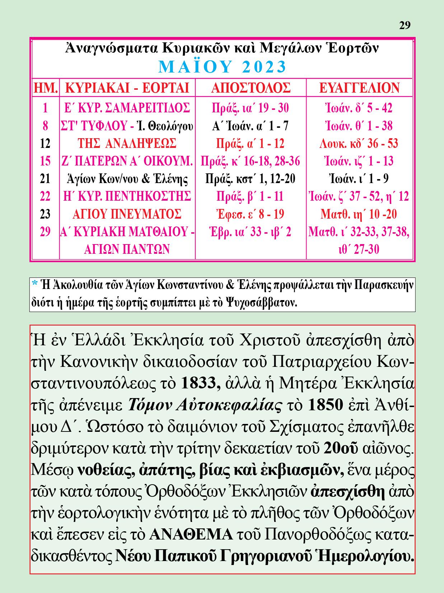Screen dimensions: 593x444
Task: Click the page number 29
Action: [405, 25]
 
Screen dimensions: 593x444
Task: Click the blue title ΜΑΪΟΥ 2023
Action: [223, 66]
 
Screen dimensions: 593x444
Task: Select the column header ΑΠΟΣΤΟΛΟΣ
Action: [251, 88]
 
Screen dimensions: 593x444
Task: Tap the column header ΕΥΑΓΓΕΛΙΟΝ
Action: [359, 88]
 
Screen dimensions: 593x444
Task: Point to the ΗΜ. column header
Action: [46, 88]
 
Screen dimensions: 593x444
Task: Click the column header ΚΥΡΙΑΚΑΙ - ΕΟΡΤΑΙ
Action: [127, 88]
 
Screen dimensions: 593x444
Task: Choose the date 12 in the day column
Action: [45, 144]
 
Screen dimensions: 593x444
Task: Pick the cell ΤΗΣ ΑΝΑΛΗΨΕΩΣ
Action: [127, 144]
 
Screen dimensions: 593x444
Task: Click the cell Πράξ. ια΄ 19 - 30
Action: [250, 108]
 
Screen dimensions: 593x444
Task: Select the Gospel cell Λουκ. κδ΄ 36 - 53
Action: [359, 144]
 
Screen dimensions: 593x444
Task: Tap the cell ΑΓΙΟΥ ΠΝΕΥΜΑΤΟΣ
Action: [127, 214]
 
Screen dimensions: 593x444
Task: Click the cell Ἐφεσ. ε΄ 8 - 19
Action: [250, 214]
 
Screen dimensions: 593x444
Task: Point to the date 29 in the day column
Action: [45, 232]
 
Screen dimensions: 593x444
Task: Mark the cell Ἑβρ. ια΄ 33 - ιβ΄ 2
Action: [250, 232]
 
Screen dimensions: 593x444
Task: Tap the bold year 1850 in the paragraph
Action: [325, 405]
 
